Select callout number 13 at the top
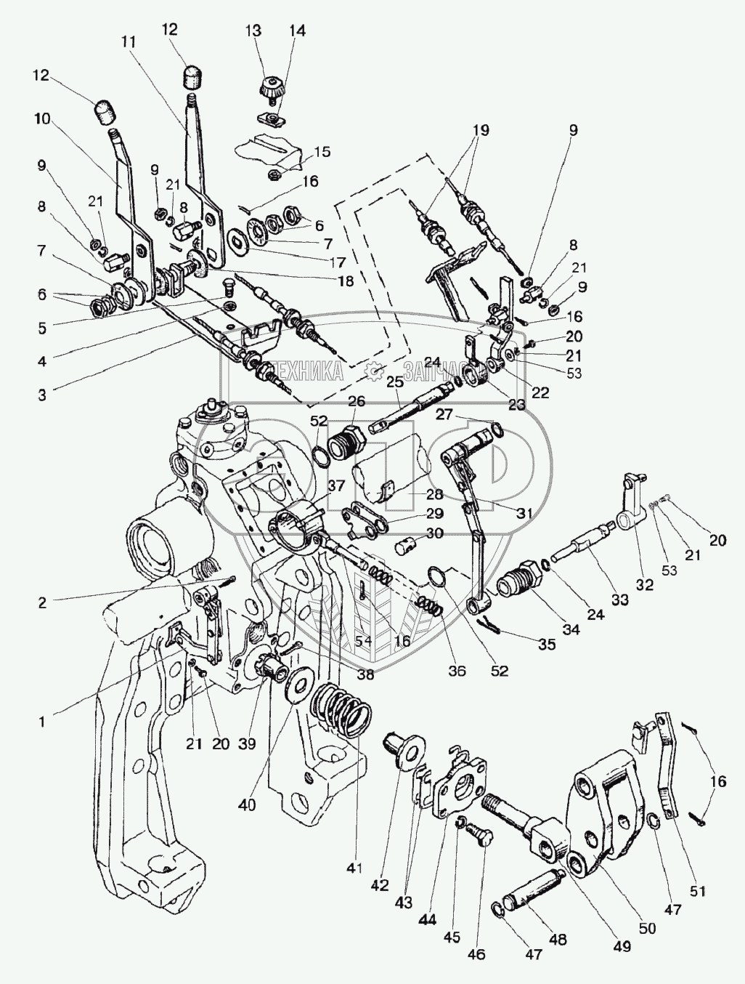point(253,31)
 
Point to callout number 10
point(42,119)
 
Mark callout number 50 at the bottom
point(647,928)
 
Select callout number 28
point(413,495)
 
